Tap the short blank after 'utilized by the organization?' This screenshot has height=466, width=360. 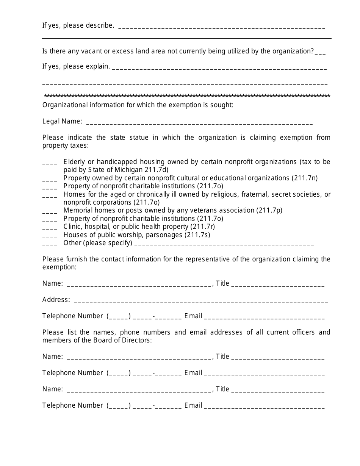[320, 53]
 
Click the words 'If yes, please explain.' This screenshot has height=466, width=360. [76, 67]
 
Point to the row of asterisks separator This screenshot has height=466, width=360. [187, 96]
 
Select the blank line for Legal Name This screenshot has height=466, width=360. [199, 123]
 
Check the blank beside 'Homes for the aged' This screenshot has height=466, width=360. [50, 196]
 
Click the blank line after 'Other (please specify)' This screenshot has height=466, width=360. [224, 245]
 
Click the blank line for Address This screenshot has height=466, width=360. [201, 302]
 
